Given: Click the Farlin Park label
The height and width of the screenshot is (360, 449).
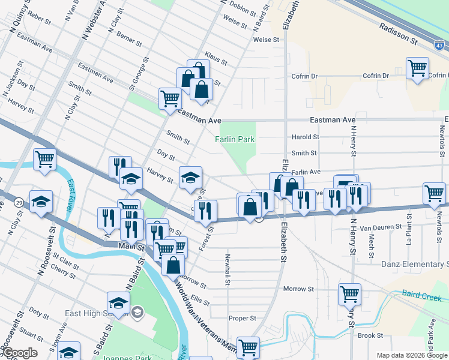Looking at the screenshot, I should tap(235, 139).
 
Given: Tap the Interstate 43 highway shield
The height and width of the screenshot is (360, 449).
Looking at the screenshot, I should tap(439, 45).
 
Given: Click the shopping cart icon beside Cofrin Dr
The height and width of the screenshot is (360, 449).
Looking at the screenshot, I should tap(417, 68).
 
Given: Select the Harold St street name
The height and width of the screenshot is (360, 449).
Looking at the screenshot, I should tap(305, 137).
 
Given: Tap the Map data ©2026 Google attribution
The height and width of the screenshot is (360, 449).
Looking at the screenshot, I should tap(411, 355).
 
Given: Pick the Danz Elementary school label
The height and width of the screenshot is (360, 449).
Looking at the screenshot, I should tap(414, 264).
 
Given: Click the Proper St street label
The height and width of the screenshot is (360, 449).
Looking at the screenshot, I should tap(243, 318).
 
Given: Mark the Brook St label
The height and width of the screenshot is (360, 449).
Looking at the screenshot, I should tap(370, 335).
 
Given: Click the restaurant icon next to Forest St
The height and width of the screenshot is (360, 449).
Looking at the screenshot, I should tap(206, 209).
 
